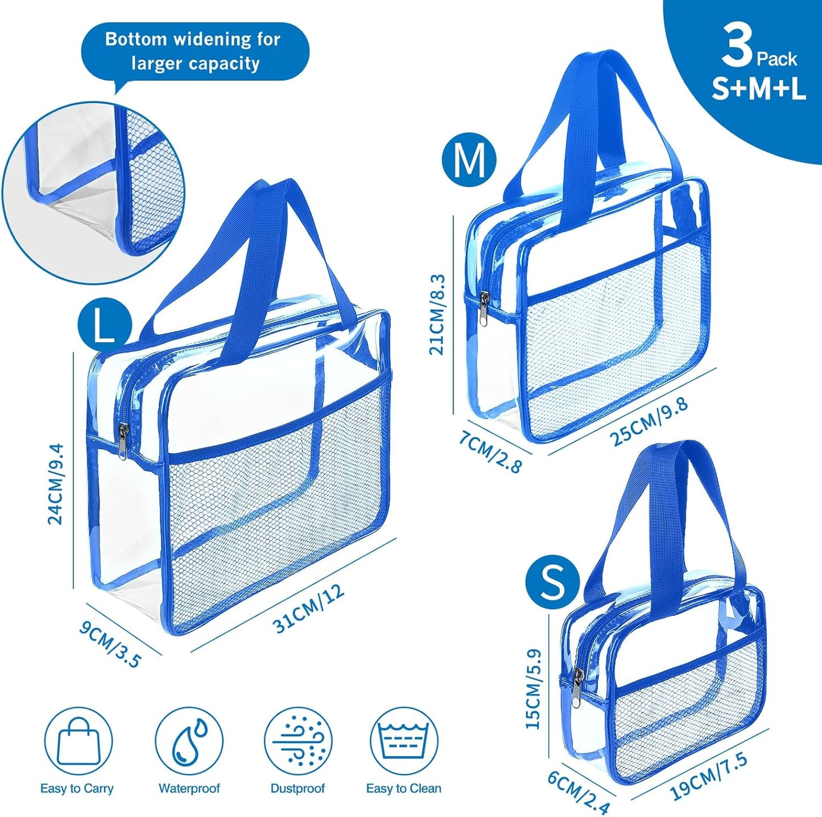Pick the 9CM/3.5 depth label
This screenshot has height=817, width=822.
click(110, 644)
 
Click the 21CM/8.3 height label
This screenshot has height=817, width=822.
click(437, 314)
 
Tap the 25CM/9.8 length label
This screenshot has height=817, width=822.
click(649, 421)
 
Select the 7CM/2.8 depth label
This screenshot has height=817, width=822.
click(490, 452)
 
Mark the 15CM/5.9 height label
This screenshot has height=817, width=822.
click(534, 688)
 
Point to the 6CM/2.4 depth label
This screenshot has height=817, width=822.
click(579, 792)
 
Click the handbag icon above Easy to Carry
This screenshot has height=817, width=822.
click(79, 741)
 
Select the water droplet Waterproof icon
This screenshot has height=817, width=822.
click(189, 741)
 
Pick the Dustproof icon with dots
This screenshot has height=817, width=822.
click(298, 741)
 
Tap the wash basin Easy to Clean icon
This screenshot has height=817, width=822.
click(404, 741)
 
